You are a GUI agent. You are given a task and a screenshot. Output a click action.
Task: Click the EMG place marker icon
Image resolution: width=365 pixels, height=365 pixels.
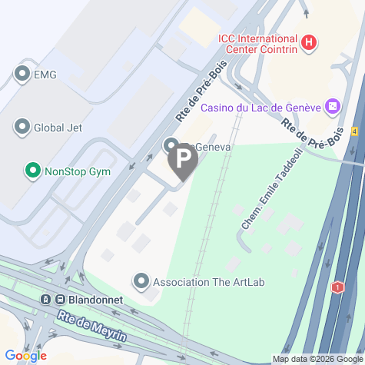22,75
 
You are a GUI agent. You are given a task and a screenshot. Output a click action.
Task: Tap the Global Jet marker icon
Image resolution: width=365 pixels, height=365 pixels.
22,127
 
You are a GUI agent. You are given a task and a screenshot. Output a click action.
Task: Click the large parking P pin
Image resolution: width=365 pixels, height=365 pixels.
182,159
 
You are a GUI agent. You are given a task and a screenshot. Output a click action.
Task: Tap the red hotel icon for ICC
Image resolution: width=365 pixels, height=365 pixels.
308,42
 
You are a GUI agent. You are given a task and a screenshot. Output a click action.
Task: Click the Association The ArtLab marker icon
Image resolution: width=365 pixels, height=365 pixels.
141,282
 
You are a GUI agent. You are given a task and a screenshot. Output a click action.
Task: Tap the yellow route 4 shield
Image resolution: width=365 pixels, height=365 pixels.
355,131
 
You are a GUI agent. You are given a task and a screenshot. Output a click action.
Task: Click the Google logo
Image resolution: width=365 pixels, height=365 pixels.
25,356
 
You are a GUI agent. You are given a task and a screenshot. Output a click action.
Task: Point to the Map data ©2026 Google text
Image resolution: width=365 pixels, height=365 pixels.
317,359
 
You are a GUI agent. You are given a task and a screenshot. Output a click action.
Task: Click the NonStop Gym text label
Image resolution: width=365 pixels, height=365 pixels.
78,171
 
